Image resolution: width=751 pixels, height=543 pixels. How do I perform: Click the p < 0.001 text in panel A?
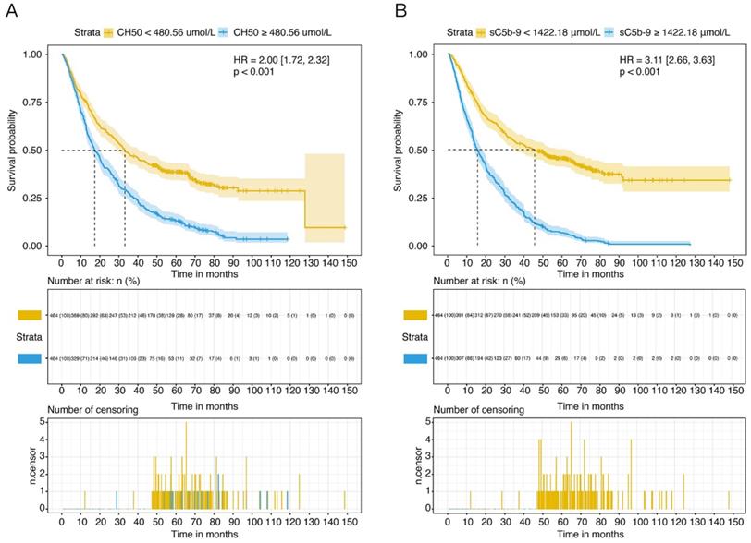(x=255, y=71)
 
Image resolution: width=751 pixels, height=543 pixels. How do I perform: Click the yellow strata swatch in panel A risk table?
(x=22, y=317)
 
